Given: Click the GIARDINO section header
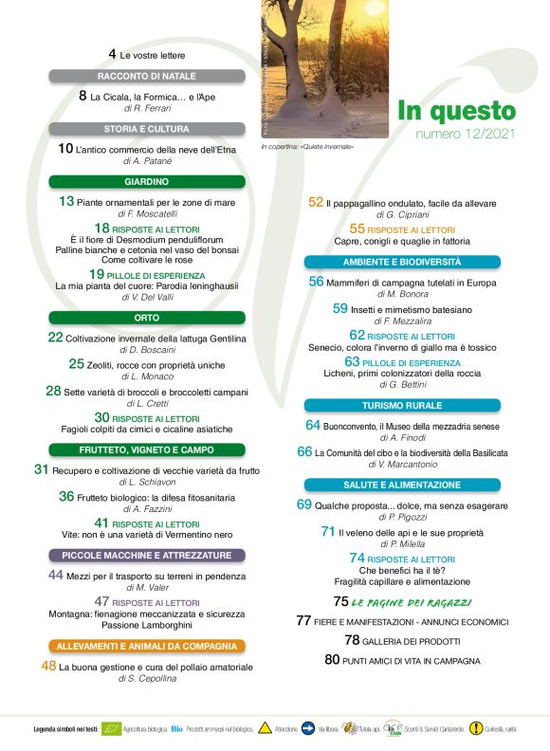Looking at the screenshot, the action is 146,181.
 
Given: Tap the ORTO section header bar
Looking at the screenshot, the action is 146,318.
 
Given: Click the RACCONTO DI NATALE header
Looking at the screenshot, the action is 146,75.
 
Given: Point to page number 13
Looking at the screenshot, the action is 66,201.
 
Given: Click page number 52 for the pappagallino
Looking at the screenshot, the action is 316,202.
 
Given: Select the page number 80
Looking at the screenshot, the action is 332,659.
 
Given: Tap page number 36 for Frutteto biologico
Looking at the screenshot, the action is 66,495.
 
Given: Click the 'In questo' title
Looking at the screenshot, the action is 455,111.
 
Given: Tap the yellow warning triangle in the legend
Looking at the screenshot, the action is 265,728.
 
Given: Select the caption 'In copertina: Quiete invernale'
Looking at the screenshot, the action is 308,147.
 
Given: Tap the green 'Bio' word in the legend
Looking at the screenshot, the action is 176,728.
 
